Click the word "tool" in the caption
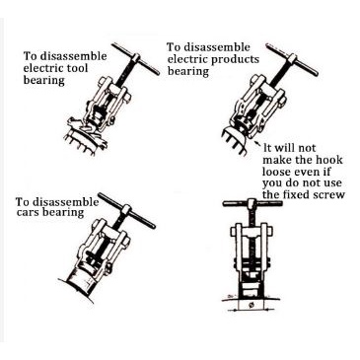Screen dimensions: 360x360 [76, 68]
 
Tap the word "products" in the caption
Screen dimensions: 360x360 [235, 60]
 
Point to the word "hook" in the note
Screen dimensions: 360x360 [329, 160]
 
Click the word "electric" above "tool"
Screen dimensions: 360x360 [42, 68]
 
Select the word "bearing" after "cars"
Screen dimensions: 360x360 [64, 213]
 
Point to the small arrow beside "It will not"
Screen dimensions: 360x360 [259, 145]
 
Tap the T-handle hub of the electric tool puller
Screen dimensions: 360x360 [136, 59]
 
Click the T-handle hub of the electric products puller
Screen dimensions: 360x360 [292, 60]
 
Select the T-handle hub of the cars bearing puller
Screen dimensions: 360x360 [126, 210]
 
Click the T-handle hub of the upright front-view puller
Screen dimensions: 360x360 [252, 203]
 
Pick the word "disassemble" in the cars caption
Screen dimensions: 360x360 [67, 201]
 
